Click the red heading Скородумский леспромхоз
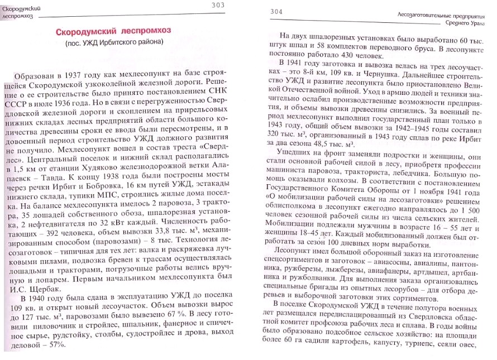[113, 31]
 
